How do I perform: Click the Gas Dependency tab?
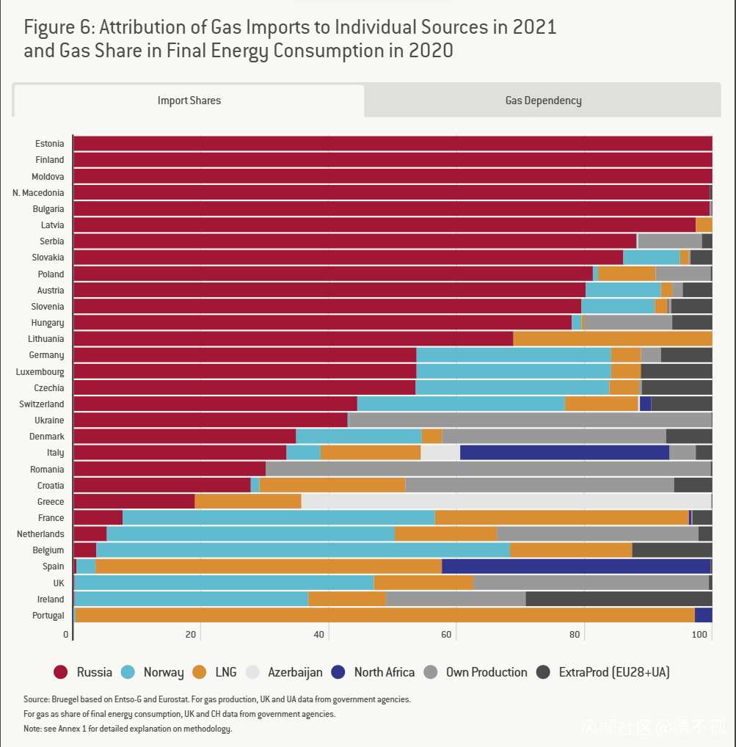point(543,101)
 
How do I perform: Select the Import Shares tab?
point(189,101)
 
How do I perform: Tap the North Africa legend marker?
point(338,672)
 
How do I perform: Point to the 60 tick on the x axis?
point(456,635)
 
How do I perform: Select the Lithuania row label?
point(45,339)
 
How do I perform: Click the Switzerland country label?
point(42,404)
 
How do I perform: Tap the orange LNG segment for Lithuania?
point(612,339)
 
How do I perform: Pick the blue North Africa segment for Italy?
point(564,453)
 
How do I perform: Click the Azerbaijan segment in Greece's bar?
point(506,502)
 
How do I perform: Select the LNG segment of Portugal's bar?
point(385,616)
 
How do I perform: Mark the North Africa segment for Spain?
point(575,566)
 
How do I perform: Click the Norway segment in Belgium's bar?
point(303,550)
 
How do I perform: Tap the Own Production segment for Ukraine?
point(529,420)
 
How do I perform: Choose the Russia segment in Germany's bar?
point(244,355)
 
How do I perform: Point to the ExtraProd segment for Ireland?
point(619,600)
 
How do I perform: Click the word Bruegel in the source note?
point(67,700)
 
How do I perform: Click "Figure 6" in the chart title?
point(57,28)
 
